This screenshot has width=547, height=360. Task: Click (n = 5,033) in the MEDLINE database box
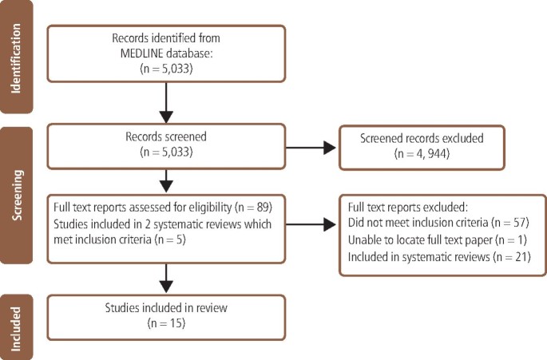point(166,70)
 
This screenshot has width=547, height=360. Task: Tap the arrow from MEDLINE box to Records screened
point(166,103)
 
